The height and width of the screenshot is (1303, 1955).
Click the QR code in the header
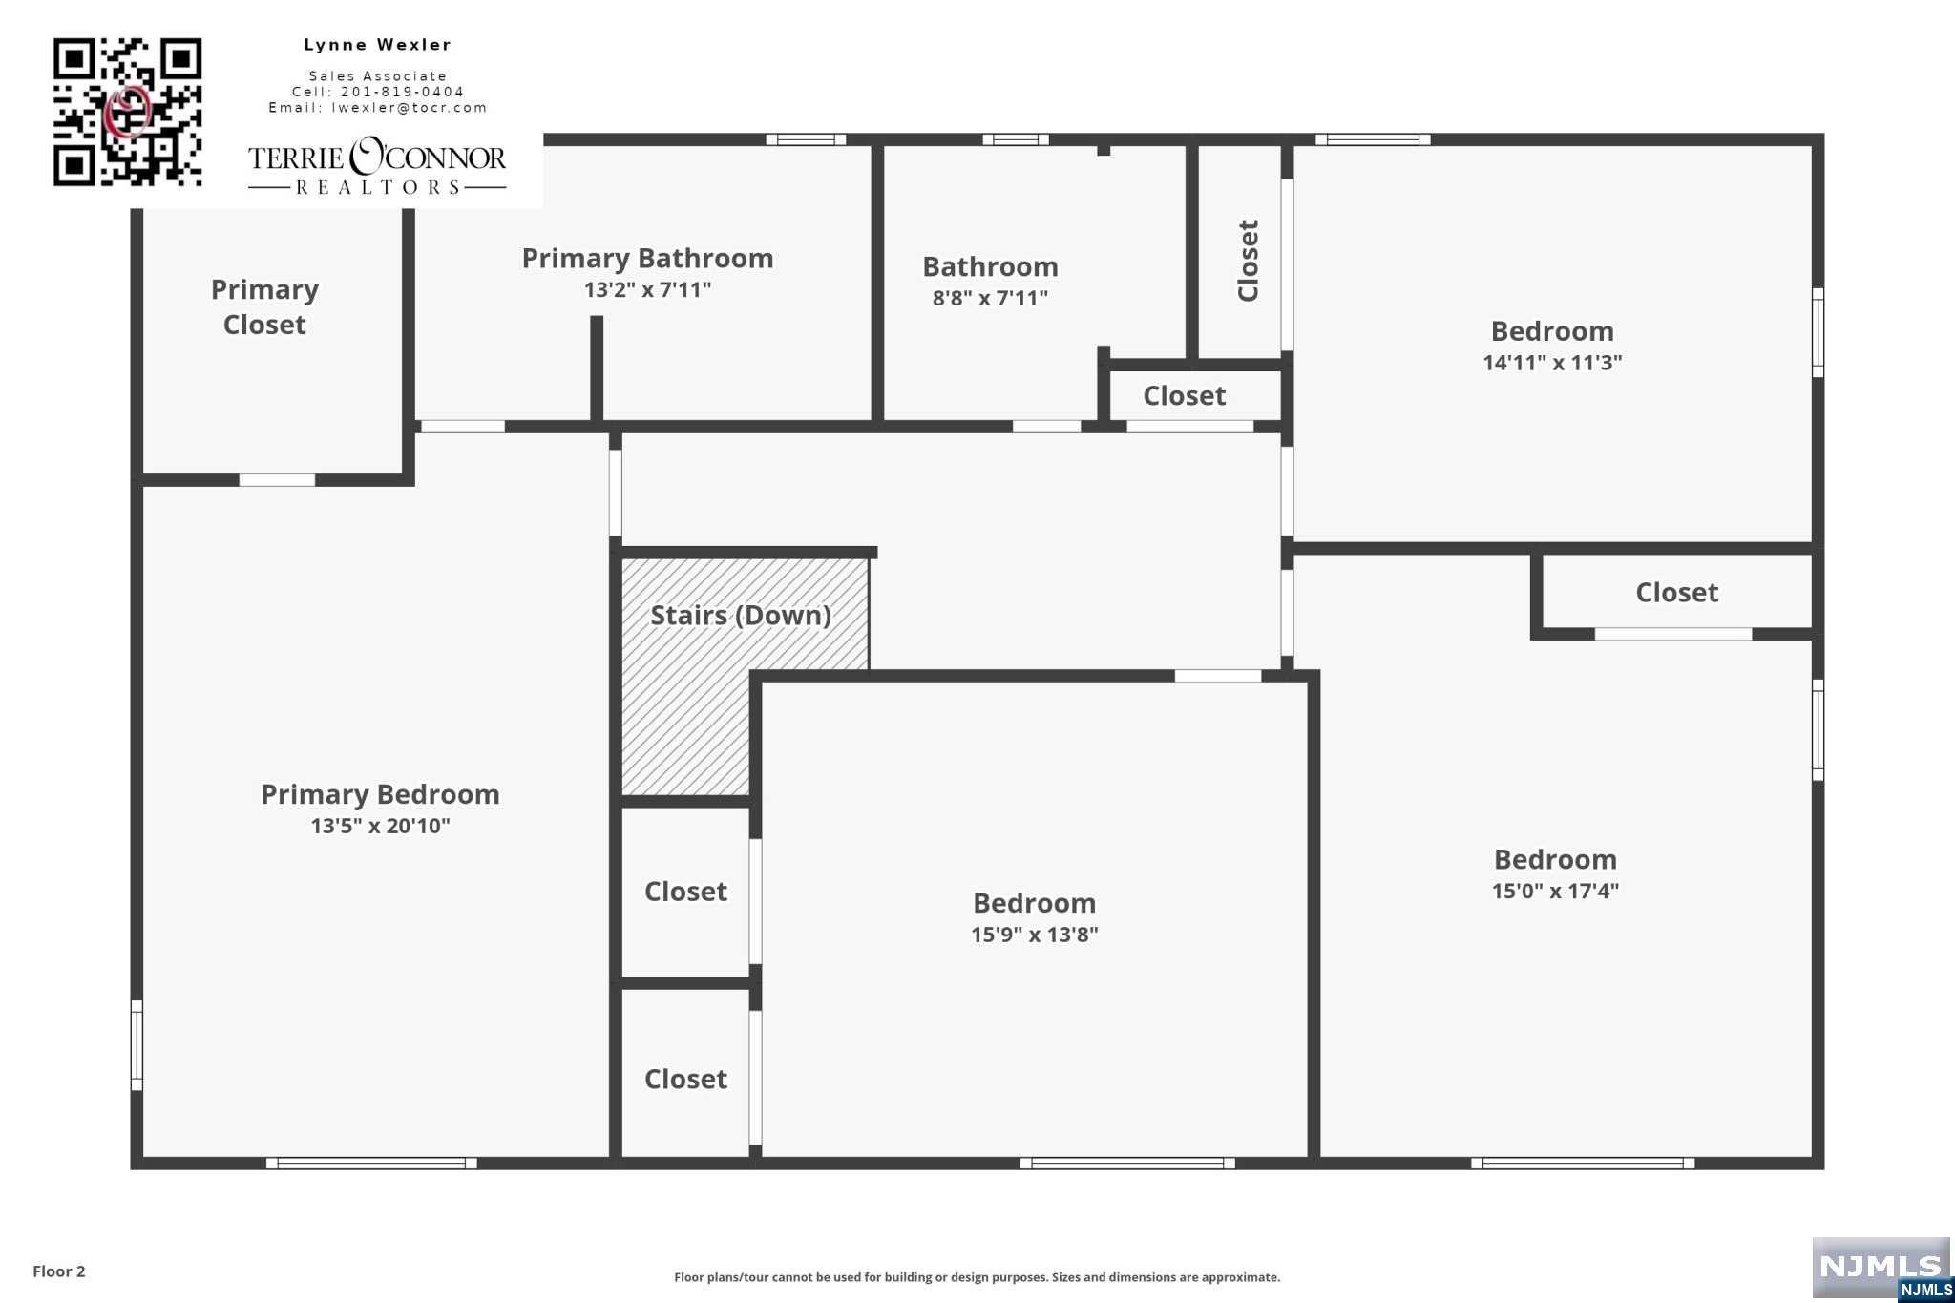(x=127, y=112)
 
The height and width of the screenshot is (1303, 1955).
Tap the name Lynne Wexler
(x=378, y=45)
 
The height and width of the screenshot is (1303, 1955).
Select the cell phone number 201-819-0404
(x=402, y=92)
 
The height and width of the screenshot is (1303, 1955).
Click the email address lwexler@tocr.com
(x=410, y=108)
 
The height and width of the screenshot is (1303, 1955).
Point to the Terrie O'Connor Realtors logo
(x=377, y=167)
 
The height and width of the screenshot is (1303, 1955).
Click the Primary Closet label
(x=264, y=306)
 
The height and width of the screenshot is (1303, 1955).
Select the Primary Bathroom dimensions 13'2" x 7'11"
(x=648, y=289)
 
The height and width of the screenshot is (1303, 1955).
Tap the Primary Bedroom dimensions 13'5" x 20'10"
(x=380, y=826)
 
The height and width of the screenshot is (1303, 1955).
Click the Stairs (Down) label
(x=741, y=616)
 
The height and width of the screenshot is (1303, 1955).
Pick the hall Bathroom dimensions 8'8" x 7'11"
(x=990, y=298)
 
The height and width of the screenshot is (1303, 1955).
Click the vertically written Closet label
(x=1248, y=261)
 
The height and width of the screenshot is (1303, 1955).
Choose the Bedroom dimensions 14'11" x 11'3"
(x=1553, y=363)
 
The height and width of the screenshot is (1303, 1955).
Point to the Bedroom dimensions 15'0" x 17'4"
(x=1556, y=891)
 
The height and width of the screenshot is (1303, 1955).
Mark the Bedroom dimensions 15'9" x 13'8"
(x=1035, y=935)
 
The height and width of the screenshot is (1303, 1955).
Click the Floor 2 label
(x=59, y=1271)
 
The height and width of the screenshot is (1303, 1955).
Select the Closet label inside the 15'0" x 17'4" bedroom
(x=1677, y=593)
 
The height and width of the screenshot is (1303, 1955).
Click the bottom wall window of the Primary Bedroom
(x=371, y=1163)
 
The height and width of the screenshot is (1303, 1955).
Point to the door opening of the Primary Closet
(x=277, y=480)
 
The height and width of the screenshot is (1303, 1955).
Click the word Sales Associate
(x=378, y=76)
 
